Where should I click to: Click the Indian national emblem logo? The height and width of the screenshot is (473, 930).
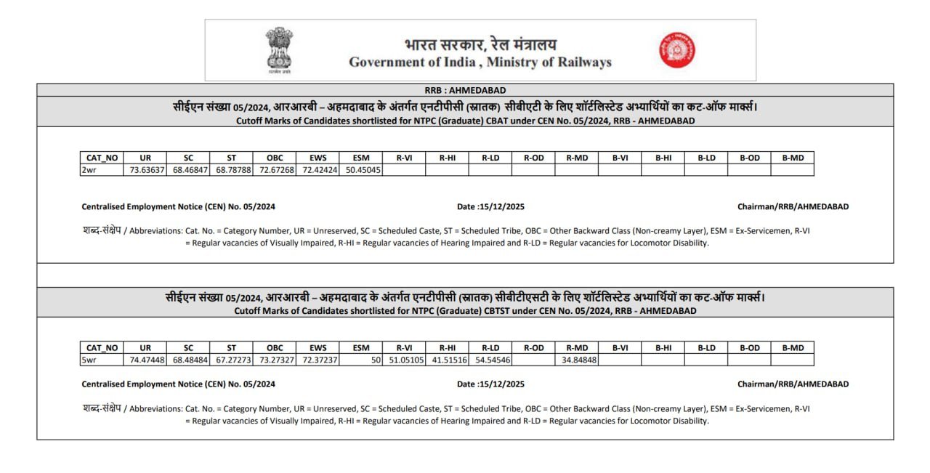[279, 50]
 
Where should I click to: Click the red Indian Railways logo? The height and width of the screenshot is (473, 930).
[677, 50]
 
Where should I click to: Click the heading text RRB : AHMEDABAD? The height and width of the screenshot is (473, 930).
[465, 90]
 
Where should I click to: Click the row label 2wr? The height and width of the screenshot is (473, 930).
[89, 170]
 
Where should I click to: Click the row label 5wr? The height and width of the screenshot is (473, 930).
[89, 360]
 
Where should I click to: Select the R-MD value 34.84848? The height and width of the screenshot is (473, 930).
[579, 360]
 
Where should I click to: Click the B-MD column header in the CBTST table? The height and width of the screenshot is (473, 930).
[793, 347]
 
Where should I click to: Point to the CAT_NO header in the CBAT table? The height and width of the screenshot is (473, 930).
[102, 158]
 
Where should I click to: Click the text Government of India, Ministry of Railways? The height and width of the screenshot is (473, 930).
[480, 62]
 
